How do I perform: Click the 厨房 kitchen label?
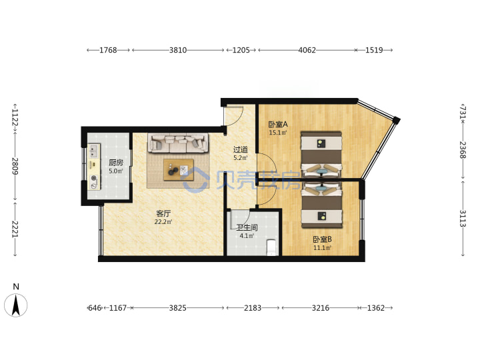116,163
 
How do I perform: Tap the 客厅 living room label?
163,213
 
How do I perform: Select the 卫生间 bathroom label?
247,227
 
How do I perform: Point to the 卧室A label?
278,124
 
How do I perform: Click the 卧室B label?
322,239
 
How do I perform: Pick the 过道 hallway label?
240,149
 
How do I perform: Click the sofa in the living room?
178,143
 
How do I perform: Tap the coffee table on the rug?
179,169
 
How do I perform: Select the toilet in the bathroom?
271,247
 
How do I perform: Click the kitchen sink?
94,151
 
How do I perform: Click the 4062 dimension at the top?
307,50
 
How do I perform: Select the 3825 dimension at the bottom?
178,307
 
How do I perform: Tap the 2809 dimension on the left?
15,166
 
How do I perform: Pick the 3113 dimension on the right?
462,218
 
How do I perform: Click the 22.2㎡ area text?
163,222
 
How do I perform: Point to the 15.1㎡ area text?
278,133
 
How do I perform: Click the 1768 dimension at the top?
108,50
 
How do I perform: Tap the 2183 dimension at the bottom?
253,307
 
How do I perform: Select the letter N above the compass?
16,287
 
